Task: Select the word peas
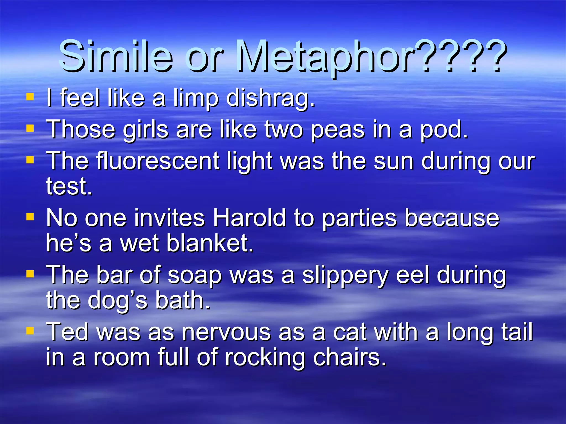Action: click(x=337, y=130)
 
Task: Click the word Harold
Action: click(x=249, y=218)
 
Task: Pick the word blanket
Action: click(x=210, y=243)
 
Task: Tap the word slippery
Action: click(x=345, y=276)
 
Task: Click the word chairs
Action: click(x=349, y=357)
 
